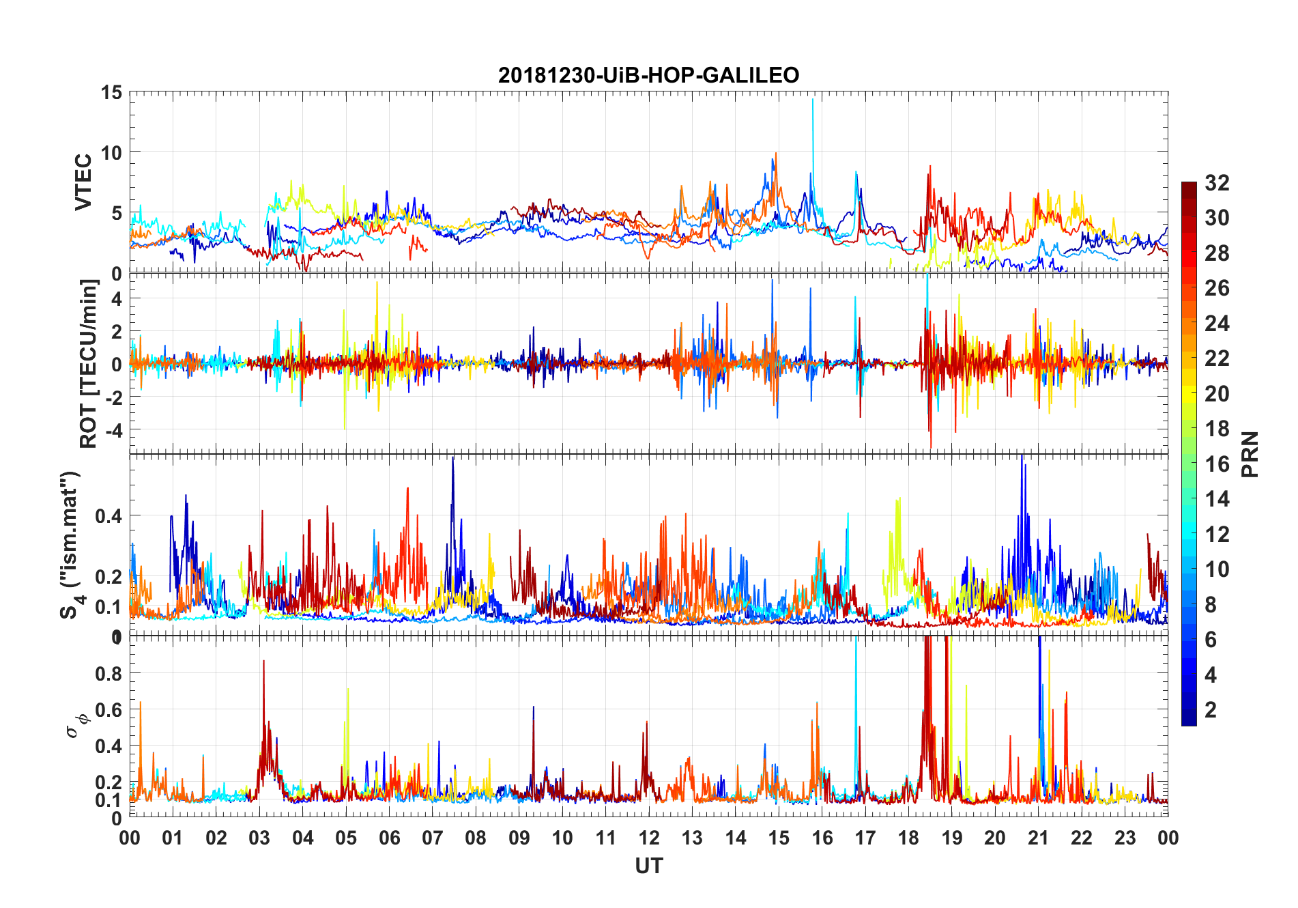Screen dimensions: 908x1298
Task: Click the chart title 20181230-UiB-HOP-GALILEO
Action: (648, 75)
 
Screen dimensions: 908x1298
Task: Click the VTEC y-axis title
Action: (83, 182)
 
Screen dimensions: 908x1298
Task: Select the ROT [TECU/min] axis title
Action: (89, 363)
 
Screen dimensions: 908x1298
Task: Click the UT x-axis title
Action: (648, 866)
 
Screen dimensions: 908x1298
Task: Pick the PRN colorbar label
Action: (1250, 454)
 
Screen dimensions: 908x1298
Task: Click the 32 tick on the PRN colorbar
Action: (1217, 183)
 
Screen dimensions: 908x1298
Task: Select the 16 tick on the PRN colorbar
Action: (1217, 464)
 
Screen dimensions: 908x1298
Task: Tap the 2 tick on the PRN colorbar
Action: (1211, 710)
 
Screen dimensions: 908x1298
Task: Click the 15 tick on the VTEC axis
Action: (111, 92)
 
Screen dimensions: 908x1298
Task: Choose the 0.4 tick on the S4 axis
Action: (108, 516)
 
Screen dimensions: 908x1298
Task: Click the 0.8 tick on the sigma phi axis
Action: (108, 674)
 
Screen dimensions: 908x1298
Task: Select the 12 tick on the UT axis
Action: (649, 838)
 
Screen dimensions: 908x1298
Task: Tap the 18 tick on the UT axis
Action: (908, 838)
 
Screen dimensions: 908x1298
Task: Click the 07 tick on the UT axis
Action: (433, 838)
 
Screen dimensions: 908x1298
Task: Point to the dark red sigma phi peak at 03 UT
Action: (264, 662)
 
